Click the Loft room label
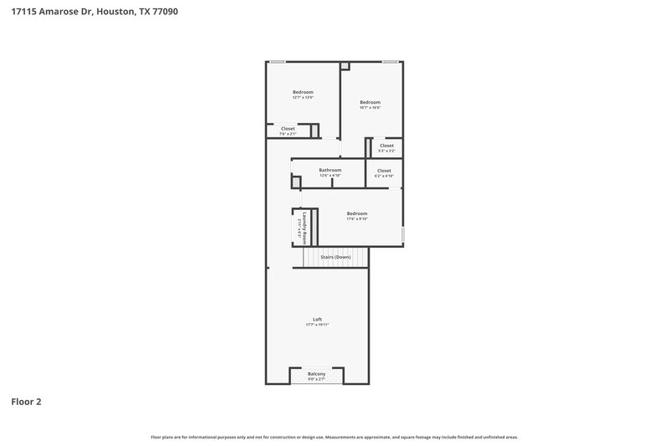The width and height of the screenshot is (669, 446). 317,319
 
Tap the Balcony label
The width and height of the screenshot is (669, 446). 316,373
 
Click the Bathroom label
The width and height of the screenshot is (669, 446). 329,170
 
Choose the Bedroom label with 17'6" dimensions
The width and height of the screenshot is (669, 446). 357,213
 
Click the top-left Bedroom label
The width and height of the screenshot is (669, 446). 303,92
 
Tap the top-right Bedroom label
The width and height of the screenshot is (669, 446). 370,102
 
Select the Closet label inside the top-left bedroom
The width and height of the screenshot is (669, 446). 288,128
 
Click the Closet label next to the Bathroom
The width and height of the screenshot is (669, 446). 383,171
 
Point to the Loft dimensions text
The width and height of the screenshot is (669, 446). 317,325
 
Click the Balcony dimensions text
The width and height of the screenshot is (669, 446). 316,379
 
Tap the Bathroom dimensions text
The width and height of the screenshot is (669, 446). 329,176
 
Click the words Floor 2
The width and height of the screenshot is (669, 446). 26,402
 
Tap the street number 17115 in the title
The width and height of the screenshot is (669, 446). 25,12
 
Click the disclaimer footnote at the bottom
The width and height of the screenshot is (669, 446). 334,437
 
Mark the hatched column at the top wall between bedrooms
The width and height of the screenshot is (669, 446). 345,65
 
